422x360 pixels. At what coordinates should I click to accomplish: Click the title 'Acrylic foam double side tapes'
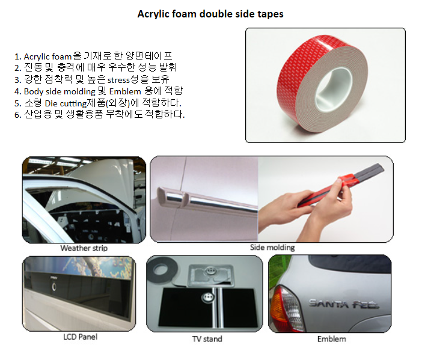click(x=210, y=14)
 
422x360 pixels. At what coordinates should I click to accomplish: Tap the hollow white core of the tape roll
click(x=334, y=89)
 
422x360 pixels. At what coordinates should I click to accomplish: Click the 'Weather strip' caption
click(x=84, y=248)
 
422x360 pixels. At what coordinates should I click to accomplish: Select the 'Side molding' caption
click(x=272, y=248)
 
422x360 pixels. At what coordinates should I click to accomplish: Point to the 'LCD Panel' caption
click(x=80, y=337)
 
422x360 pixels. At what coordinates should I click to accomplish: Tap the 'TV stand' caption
click(x=207, y=339)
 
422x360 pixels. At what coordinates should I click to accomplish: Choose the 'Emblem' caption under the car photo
click(x=332, y=339)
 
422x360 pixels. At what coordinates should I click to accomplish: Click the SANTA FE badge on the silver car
click(x=344, y=304)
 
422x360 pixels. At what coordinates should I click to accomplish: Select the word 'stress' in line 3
click(x=118, y=80)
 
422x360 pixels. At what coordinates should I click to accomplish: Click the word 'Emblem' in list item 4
click(x=125, y=91)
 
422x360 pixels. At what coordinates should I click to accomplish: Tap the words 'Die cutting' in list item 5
click(x=66, y=103)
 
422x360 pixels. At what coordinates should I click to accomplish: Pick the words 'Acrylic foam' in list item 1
click(x=47, y=56)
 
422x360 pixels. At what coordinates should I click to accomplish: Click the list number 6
click(x=17, y=115)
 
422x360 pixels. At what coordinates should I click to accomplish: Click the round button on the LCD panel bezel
click(x=54, y=287)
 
